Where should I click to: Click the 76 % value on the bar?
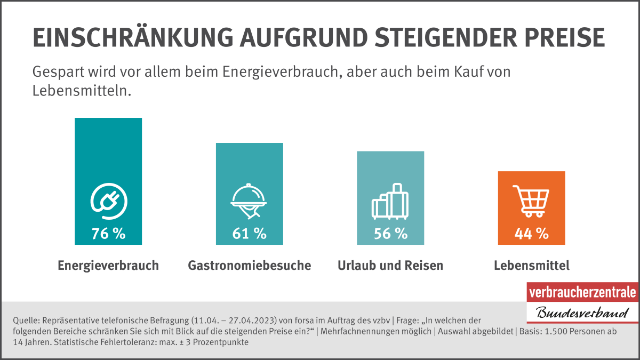coord(108,233)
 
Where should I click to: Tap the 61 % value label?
coord(249,233)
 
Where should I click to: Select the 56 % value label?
coord(390,233)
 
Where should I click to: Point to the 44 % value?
coord(531,233)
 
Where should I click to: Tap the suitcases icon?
coord(390,201)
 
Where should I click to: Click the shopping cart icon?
coord(531,201)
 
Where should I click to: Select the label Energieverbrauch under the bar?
coord(108,266)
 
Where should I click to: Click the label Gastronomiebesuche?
coord(249,266)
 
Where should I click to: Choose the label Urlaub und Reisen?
coord(390,266)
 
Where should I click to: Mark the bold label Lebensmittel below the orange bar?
coord(531,266)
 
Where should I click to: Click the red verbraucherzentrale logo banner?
coord(582,292)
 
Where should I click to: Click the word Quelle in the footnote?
coord(24,321)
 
